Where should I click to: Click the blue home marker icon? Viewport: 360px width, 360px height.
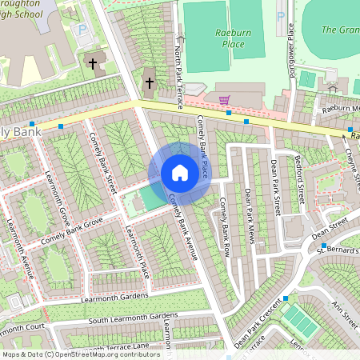pyautogui.click(x=179, y=173)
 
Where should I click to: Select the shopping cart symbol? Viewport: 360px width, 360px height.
pyautogui.click(x=224, y=99)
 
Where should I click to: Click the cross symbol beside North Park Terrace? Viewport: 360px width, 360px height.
pyautogui.click(x=149, y=82)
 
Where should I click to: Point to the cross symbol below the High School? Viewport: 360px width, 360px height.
pyautogui.click(x=92, y=62)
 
